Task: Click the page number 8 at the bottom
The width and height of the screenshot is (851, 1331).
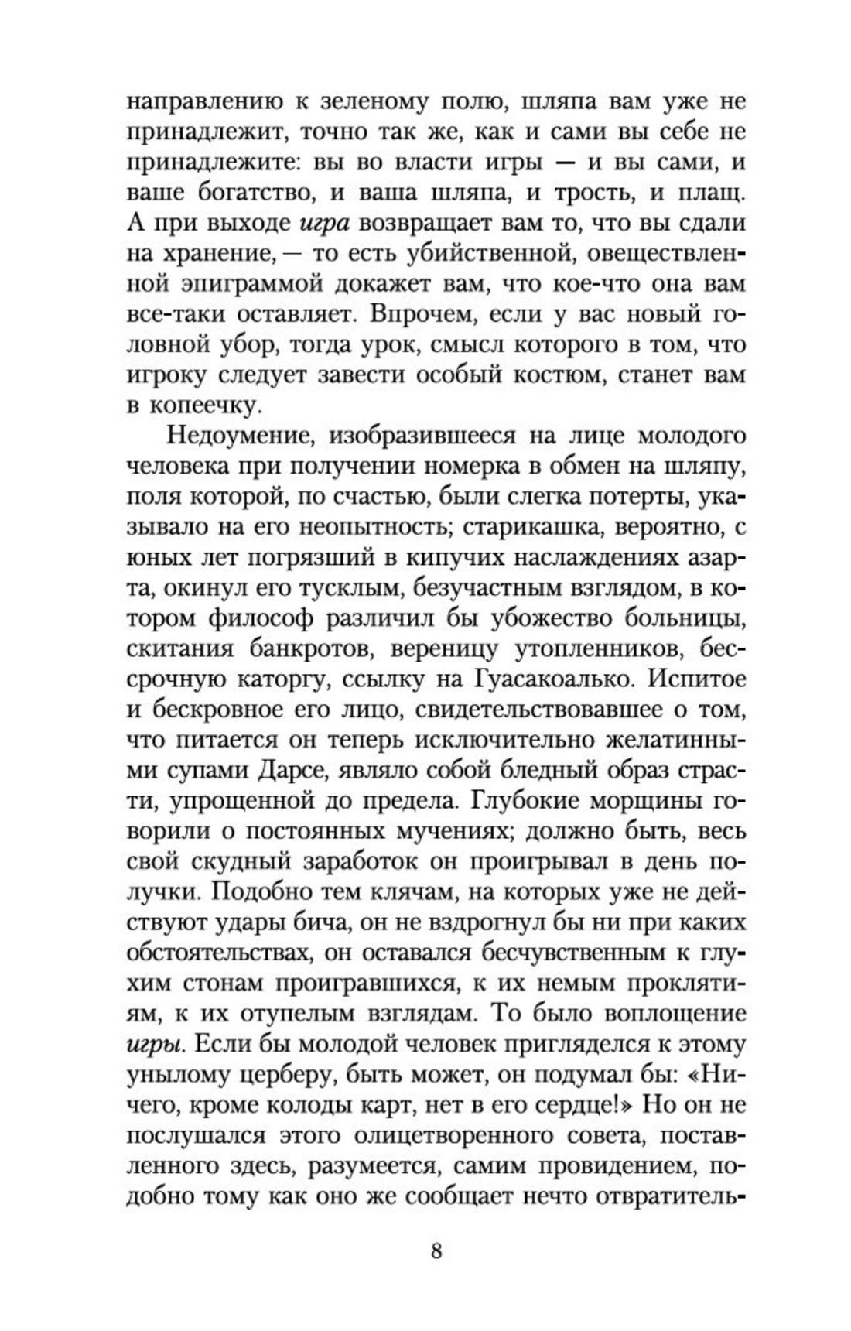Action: pyautogui.click(x=436, y=1250)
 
